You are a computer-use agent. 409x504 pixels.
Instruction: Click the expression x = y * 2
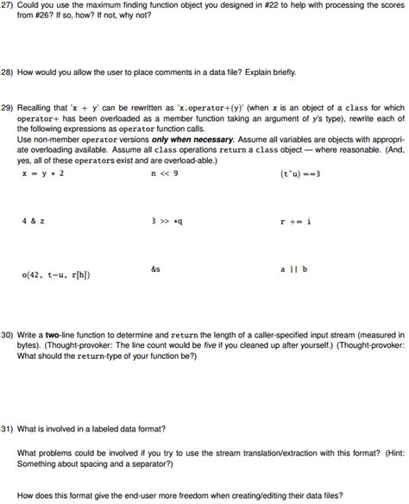coord(43,173)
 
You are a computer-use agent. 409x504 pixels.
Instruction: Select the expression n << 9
coord(164,173)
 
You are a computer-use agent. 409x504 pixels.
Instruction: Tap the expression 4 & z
coord(34,221)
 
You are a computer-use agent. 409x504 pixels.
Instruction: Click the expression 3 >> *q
coord(167,221)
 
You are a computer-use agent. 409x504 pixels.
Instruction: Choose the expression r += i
coord(295,221)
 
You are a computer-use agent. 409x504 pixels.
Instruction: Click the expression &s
coord(155,269)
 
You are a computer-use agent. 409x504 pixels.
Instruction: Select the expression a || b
coord(293,269)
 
